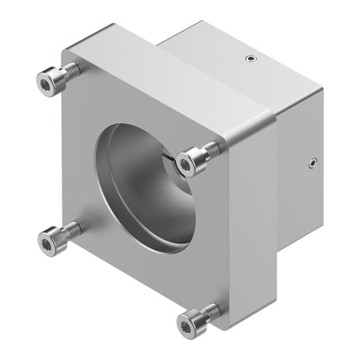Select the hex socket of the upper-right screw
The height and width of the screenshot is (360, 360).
187,165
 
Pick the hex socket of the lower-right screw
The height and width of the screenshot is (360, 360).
186,323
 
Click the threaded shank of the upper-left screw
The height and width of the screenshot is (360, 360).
71,70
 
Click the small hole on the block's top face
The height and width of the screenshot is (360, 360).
252,58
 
